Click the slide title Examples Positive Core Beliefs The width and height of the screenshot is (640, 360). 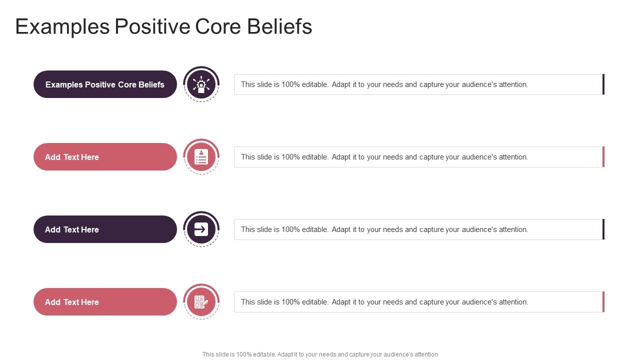[163, 26]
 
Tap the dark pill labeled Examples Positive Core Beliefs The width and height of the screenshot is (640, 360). [105, 84]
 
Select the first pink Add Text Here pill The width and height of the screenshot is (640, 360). [105, 157]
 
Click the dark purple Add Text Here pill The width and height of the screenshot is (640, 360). [105, 229]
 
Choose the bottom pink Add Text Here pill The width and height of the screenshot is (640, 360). [105, 302]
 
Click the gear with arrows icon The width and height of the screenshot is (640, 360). [201, 84]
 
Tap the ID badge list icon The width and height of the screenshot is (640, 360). [201, 157]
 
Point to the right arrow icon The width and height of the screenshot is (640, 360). [201, 229]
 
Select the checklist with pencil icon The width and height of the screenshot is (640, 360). [201, 302]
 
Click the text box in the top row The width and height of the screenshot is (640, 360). [418, 84]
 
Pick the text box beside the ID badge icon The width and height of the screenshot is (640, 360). [418, 157]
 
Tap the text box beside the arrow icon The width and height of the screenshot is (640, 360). [418, 229]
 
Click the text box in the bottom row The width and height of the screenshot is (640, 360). [418, 302]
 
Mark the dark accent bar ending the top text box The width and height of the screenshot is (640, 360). [603, 84]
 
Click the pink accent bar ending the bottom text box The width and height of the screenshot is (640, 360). [603, 302]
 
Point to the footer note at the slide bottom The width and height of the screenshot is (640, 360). [320, 354]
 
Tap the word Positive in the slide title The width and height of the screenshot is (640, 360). [152, 26]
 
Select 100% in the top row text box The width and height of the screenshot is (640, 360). [290, 84]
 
